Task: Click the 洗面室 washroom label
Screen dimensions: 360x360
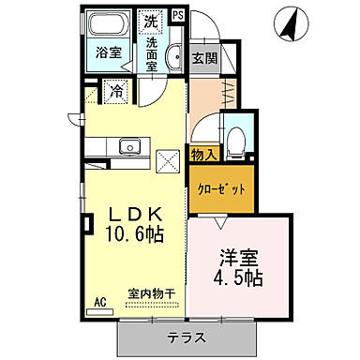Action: coord(150,55)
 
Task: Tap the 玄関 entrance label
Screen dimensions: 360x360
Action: coord(205,57)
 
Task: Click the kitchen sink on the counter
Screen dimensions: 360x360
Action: coord(128,145)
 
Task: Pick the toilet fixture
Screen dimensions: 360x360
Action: coord(236,137)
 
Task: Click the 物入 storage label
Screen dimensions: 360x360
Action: coord(204,154)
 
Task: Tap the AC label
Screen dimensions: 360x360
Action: coord(98,304)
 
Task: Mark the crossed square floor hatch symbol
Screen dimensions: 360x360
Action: coord(169,161)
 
